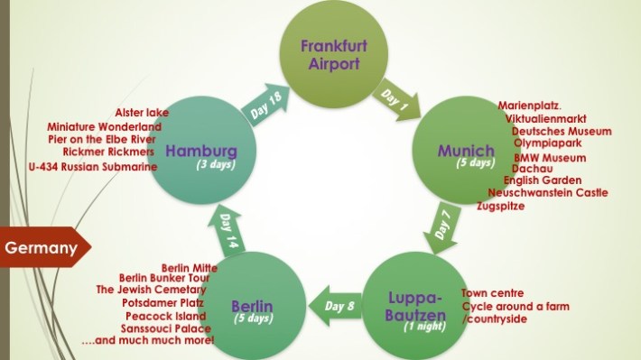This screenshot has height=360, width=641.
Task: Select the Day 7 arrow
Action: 443,226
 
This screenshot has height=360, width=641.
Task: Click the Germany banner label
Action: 41,247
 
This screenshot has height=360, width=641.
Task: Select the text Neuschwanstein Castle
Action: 547,192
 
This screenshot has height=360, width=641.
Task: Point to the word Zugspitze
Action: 500,206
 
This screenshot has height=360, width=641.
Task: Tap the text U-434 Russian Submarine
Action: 93,167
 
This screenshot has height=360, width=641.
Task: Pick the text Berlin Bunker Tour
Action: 165,278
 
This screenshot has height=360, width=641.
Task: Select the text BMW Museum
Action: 550,158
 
